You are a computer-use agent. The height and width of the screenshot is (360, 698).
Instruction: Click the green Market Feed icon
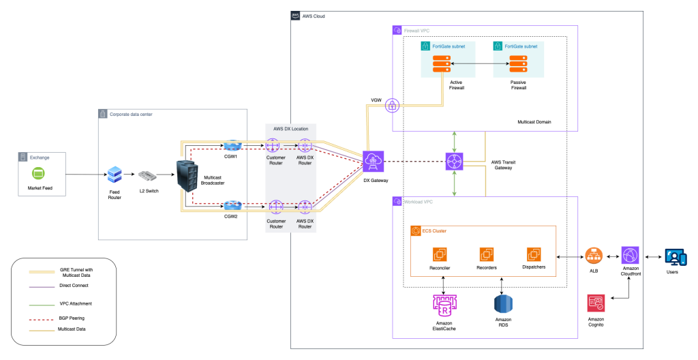(x=39, y=173)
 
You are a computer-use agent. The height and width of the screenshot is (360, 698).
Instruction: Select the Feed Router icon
(x=115, y=175)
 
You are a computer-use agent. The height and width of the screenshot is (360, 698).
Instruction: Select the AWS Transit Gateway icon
(x=455, y=162)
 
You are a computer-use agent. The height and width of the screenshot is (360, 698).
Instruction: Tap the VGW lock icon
(x=393, y=106)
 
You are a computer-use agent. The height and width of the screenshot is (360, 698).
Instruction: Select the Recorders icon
(x=486, y=254)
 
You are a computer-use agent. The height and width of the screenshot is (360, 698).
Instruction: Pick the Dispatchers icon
(x=534, y=254)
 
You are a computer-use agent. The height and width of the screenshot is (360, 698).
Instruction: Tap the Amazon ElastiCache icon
(x=444, y=303)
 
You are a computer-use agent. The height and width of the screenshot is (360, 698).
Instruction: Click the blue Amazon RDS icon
(x=503, y=303)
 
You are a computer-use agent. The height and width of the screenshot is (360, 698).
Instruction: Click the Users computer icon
(x=676, y=258)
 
